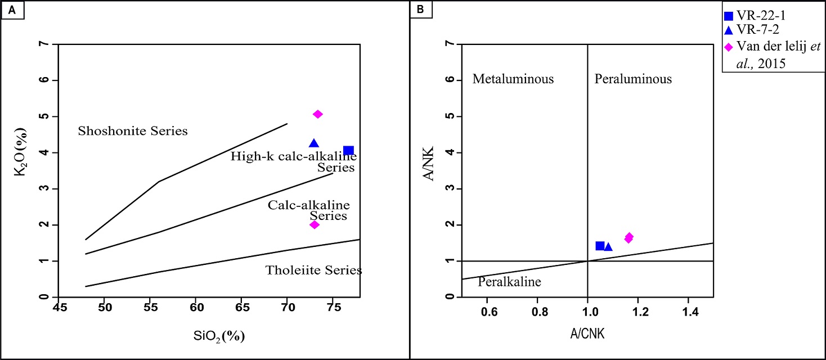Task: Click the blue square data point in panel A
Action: coord(349,150)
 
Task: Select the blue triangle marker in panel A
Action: coord(314,143)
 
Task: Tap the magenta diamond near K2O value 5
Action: coord(318,114)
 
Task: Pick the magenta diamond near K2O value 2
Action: coord(315,224)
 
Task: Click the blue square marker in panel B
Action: coord(600,246)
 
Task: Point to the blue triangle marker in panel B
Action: coord(608,247)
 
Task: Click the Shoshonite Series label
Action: coord(132,131)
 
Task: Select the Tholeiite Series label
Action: coord(313,271)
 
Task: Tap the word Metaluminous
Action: coord(513,79)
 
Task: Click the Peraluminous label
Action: coord(633,79)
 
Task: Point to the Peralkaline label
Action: coord(509,282)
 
